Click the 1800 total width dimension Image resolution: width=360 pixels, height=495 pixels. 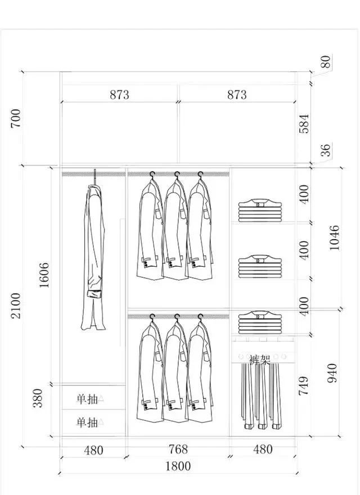coord(178,466)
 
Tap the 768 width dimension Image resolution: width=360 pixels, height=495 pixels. coord(178,449)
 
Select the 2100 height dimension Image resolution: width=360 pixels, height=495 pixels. coord(16,305)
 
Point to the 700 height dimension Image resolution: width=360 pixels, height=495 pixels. coord(16,118)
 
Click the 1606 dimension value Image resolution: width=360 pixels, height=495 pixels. coord(44,275)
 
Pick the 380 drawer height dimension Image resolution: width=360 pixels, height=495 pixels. coord(38,398)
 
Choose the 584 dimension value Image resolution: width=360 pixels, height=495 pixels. coord(304,124)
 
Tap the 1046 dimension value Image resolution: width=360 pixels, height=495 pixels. coord(334,238)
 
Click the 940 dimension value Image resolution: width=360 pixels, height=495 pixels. coord(332,373)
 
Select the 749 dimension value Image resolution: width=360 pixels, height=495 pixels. coord(304,385)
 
